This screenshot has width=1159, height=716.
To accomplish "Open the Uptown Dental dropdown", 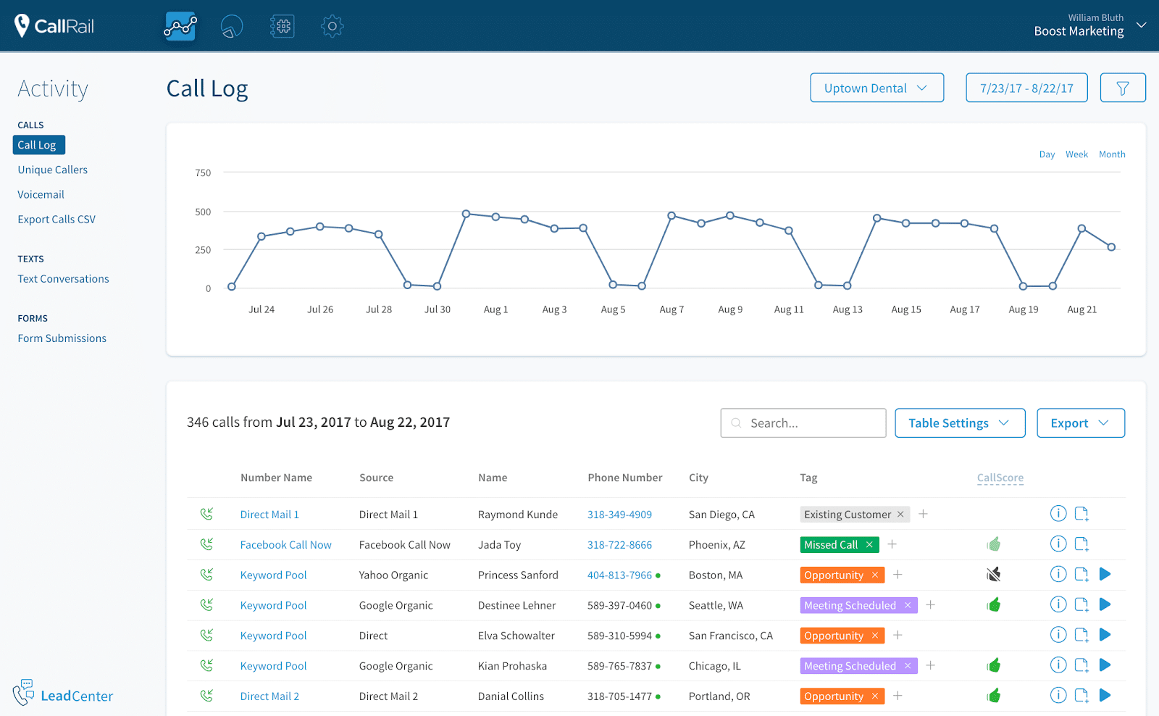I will [876, 88].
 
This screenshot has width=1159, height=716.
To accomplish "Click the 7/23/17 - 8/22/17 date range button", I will [1026, 88].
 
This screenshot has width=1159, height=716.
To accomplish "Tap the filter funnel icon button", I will [1122, 88].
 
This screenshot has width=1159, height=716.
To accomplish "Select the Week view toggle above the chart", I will [1076, 154].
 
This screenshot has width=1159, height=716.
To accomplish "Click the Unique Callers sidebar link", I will [53, 170].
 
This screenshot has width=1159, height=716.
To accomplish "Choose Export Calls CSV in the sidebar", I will [57, 219].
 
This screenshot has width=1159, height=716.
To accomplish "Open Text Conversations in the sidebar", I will [64, 279].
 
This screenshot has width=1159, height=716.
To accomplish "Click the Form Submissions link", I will [62, 338].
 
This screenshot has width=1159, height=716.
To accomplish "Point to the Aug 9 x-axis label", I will [730, 309].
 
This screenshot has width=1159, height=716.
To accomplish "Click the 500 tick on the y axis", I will [203, 212].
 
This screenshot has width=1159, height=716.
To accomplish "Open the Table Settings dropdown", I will [960, 423].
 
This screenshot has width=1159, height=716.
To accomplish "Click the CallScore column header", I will [1000, 478].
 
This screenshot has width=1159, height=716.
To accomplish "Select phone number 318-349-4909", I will [619, 515].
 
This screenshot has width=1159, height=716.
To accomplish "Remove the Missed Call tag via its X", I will [869, 544].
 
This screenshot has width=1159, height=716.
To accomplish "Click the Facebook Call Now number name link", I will [285, 545].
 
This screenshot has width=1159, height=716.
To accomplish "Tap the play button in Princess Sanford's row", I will [1105, 575].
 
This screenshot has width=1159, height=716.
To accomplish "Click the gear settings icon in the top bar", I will [332, 26].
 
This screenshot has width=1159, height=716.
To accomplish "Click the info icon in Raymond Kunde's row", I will [1058, 514].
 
